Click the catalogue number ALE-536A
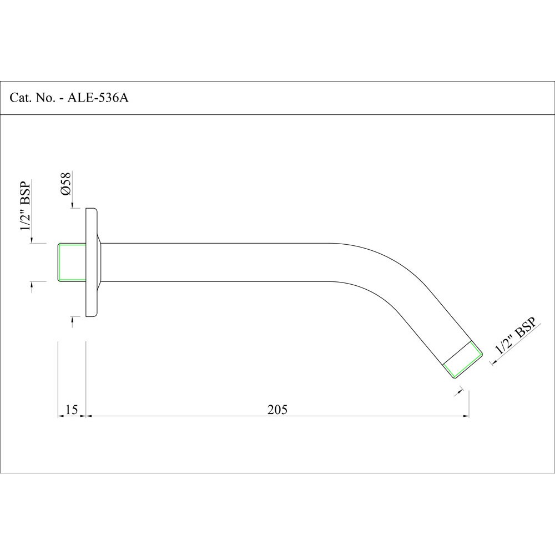(98, 98)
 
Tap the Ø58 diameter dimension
(65, 184)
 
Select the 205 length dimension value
(277, 410)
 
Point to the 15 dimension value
(71, 410)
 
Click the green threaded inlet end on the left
(72, 261)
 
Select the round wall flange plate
(91, 263)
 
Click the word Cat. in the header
(20, 98)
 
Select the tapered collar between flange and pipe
(100, 262)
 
